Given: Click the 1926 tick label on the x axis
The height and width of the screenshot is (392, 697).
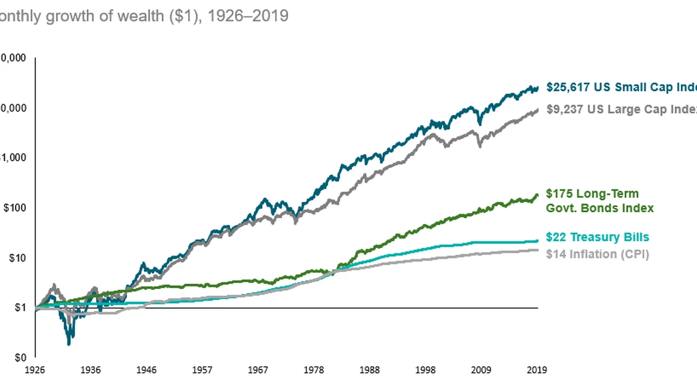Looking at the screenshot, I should [35, 370].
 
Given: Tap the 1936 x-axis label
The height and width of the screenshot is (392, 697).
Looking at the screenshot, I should [90, 370].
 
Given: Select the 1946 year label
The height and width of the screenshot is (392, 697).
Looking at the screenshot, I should [146, 370].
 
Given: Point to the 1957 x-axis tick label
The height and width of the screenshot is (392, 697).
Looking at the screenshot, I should [202, 370].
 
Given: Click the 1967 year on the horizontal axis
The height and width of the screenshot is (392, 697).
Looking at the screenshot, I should [258, 370].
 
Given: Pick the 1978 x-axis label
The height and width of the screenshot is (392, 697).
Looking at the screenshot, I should [314, 370].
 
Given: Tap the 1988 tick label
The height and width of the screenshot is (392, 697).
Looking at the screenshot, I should [369, 370].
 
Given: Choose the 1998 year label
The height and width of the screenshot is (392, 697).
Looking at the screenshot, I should [425, 370].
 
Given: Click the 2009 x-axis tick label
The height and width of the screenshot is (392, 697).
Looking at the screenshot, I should [481, 370].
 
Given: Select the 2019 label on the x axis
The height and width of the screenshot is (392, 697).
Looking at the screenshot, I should [536, 370].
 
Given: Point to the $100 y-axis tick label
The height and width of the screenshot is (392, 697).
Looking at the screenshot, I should [15, 208].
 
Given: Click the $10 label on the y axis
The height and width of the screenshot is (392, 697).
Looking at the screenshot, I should [17, 258].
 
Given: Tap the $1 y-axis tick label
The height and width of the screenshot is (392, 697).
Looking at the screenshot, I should [20, 308].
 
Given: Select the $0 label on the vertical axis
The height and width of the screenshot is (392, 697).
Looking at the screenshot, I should [20, 358].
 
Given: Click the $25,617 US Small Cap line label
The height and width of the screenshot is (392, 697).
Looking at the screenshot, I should [621, 87].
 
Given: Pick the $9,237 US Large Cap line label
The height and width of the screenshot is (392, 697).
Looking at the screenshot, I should [621, 109].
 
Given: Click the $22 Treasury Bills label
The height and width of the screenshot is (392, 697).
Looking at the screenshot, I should [597, 237].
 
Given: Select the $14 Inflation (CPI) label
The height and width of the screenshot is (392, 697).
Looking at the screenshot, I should [597, 254].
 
